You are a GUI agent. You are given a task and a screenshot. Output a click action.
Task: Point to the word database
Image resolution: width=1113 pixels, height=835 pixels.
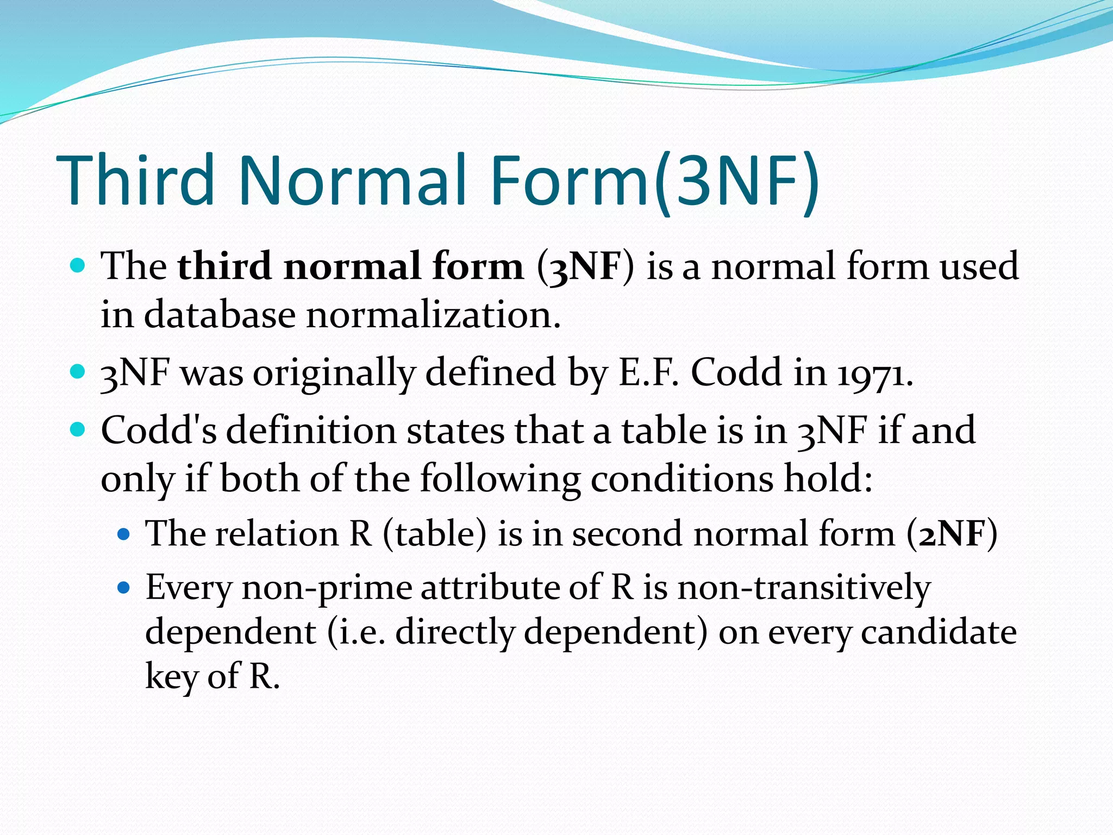tap(220, 315)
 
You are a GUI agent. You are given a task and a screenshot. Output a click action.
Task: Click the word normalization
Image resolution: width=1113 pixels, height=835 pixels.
tap(433, 315)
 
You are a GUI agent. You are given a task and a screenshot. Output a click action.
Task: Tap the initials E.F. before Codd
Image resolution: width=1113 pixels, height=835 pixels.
tap(649, 373)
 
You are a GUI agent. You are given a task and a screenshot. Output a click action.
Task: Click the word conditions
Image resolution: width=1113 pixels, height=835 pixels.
tap(681, 479)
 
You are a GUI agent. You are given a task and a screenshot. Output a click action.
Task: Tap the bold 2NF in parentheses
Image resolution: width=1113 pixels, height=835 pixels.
tap(952, 534)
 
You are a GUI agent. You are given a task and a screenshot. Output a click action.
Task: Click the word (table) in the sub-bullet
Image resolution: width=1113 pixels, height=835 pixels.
tap(434, 534)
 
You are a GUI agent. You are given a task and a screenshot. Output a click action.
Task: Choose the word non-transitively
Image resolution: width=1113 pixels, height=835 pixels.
tap(804, 589)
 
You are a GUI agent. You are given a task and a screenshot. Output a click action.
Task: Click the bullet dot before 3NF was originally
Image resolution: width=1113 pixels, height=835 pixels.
tap(78, 372)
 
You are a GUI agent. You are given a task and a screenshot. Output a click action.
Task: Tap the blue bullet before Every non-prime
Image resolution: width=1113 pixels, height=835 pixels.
tap(124, 588)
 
